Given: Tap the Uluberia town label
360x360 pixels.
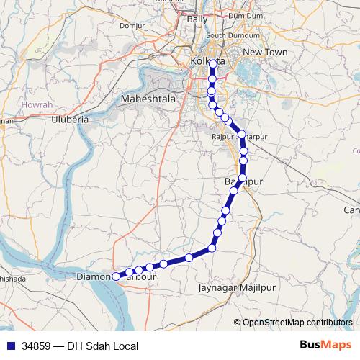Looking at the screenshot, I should (69, 120).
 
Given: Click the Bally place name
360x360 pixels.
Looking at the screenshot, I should (197, 19).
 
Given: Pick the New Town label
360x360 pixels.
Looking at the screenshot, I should (265, 53).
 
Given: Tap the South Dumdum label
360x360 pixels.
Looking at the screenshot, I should (228, 35).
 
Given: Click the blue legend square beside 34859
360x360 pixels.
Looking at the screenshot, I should (9, 346).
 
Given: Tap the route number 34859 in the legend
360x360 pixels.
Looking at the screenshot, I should (35, 346).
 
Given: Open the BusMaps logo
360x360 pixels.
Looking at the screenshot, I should (324, 346).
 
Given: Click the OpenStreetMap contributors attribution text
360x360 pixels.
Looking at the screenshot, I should (297, 322).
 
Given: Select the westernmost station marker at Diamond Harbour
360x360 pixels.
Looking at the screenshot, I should (116, 276).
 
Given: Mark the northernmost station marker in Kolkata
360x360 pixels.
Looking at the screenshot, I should (212, 63).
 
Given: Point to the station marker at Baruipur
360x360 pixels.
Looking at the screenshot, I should (243, 177).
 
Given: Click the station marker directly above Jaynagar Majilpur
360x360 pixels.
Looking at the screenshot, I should (212, 248).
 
